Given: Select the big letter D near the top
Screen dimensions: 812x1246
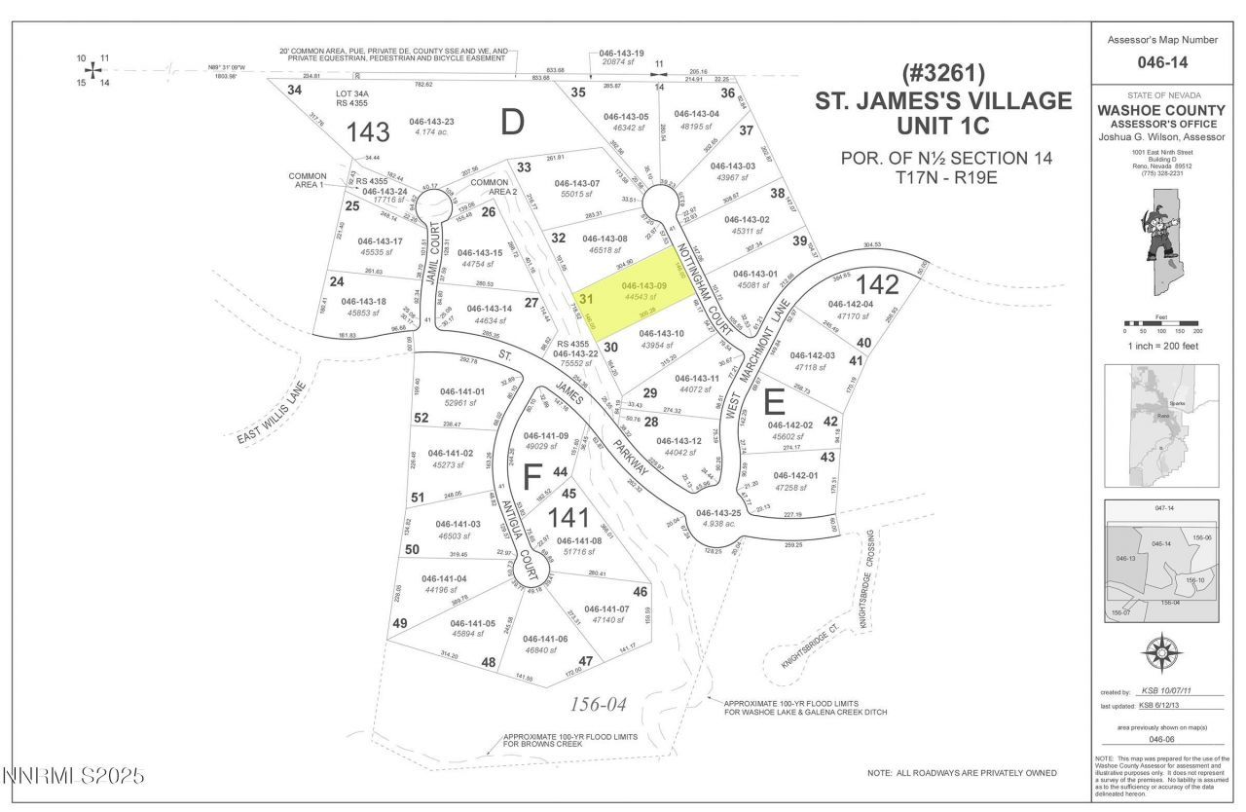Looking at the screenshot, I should [x=512, y=122].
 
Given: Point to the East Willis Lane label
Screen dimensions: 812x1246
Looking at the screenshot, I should [x=272, y=413].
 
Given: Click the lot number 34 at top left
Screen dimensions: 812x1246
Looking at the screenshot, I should [x=294, y=90].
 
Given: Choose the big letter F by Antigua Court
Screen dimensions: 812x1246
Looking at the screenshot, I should [x=531, y=477].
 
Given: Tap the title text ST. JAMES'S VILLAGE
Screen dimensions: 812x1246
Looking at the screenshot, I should [x=943, y=100].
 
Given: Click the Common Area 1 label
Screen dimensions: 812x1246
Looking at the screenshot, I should [x=308, y=181].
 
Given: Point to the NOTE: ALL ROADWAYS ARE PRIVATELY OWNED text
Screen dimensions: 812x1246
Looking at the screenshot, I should [x=962, y=773].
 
